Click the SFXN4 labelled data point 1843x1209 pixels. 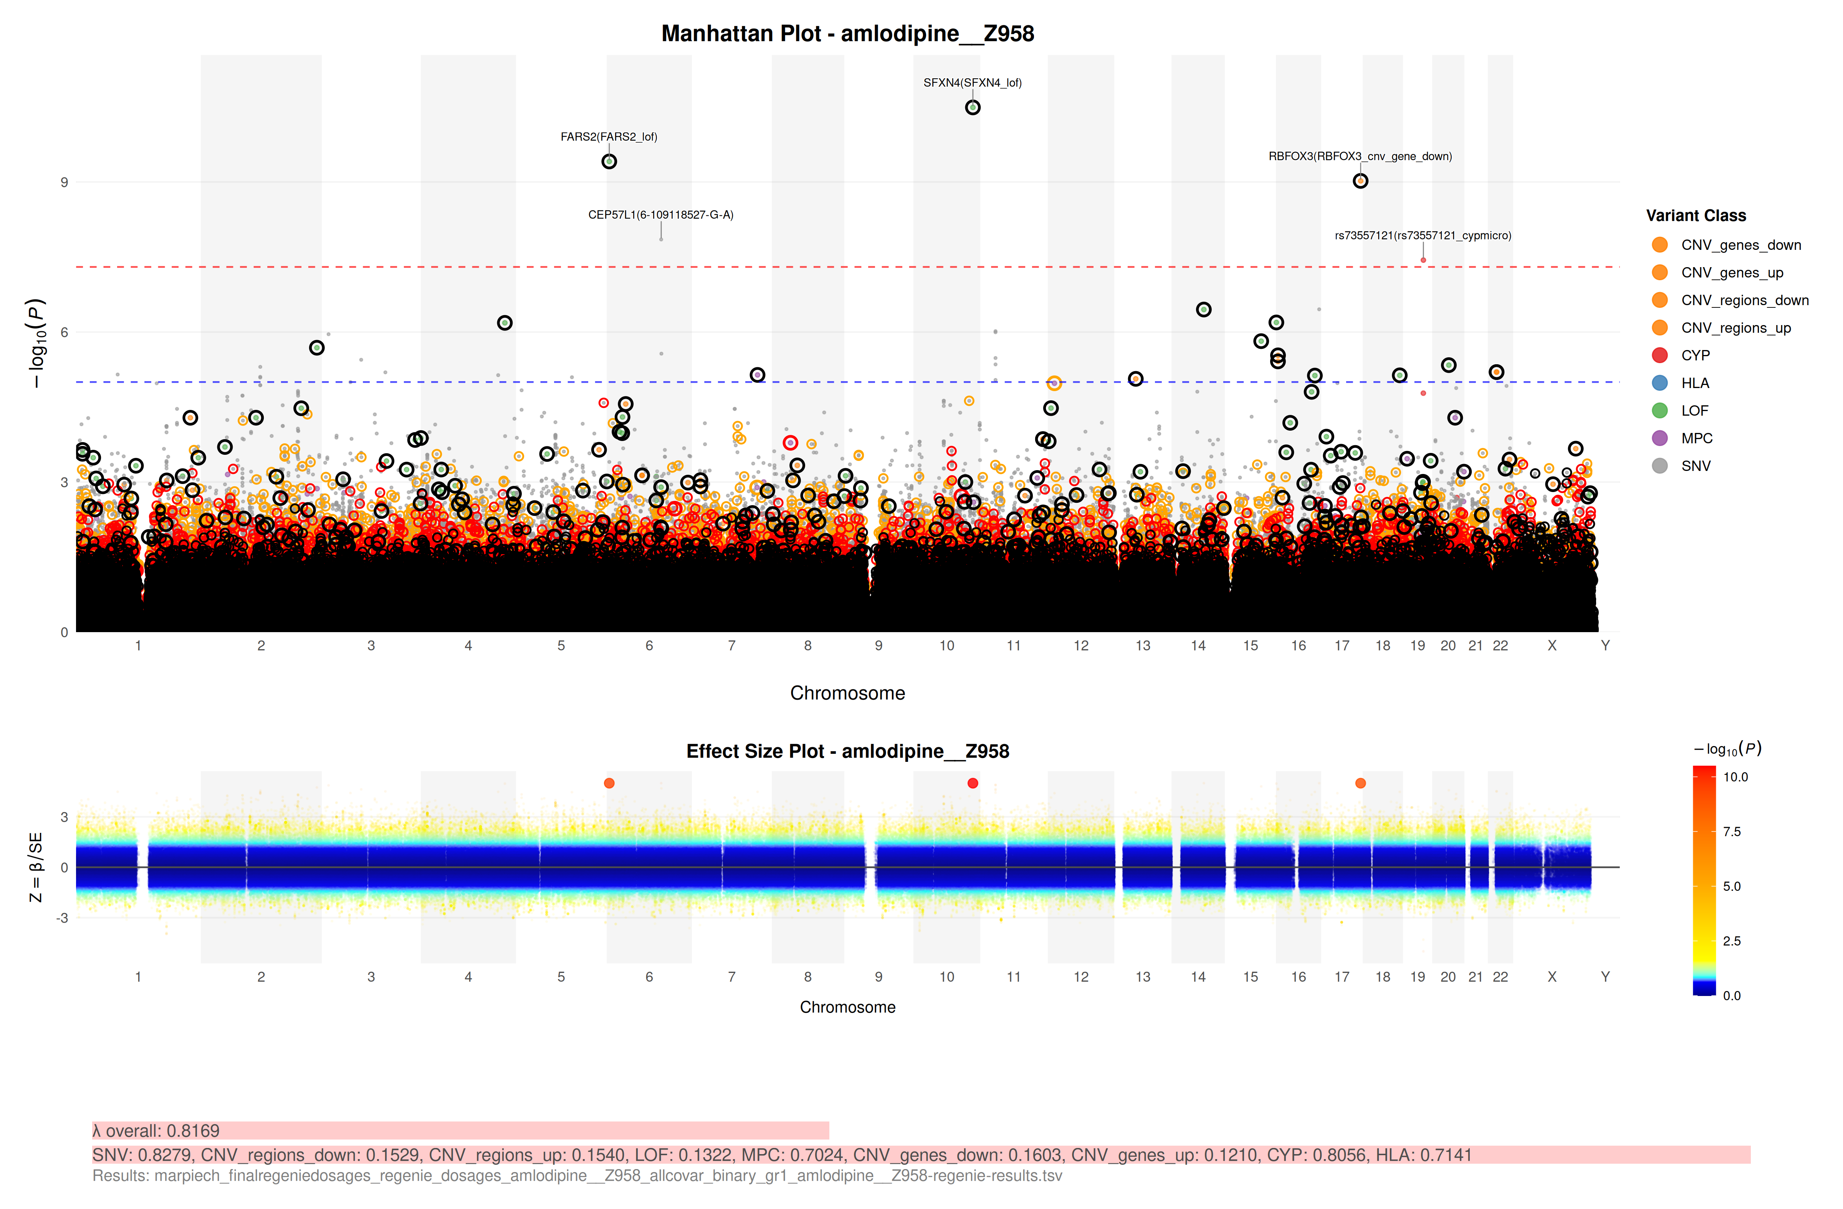(973, 107)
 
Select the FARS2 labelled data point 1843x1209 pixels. (609, 162)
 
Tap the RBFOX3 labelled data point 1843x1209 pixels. (1361, 181)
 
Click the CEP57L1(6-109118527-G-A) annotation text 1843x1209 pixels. (660, 215)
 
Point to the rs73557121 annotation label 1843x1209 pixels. (1423, 235)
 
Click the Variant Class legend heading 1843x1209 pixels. (1696, 216)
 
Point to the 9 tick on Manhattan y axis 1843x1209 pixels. (64, 183)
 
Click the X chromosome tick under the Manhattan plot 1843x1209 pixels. (1552, 646)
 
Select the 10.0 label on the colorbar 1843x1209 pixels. (1735, 777)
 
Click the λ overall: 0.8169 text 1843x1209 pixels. (156, 1131)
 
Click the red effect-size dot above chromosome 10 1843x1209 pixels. (973, 783)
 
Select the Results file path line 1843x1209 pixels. (577, 1176)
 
